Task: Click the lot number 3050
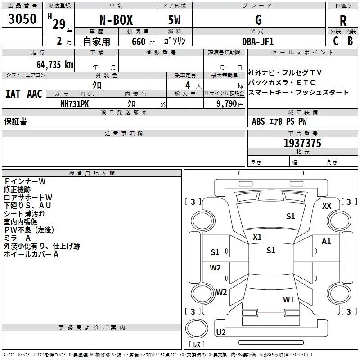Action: pos(22,18)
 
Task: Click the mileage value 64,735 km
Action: pos(49,64)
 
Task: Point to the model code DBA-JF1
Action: pos(257,41)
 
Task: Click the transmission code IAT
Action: pos(13,94)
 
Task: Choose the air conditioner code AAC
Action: pos(35,94)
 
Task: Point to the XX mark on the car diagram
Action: pos(327,206)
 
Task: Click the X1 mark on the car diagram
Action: pos(258,237)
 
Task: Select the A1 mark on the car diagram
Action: pos(326,241)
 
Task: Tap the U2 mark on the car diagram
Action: pos(220,333)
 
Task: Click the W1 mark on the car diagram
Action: pos(288,299)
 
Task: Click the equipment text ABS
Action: pos(258,121)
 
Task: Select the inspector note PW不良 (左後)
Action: pos(29,230)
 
